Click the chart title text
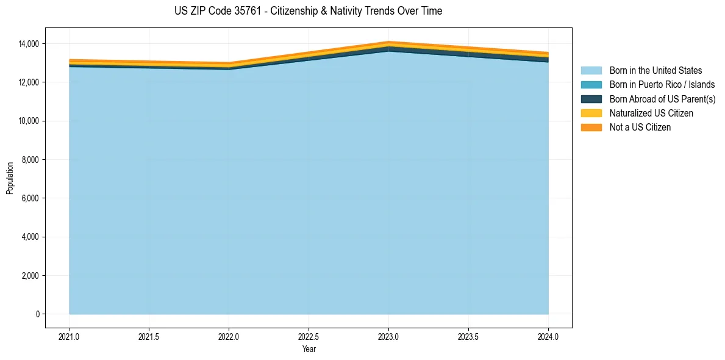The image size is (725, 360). point(308,11)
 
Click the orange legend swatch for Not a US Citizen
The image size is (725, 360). point(591,128)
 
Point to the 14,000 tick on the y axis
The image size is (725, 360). point(28,44)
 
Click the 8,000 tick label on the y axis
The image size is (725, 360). point(30,160)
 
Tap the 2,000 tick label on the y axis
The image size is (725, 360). point(30,276)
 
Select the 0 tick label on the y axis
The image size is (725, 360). point(37,314)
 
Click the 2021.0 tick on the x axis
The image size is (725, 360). point(70,336)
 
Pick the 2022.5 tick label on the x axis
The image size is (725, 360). point(309,336)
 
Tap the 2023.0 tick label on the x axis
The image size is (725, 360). point(388,336)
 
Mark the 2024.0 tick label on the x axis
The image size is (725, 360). point(548,336)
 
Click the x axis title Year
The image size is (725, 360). point(309,349)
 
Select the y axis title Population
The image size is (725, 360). point(10,178)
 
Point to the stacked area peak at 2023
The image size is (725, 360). point(388,42)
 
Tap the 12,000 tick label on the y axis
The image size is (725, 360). point(28,82)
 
